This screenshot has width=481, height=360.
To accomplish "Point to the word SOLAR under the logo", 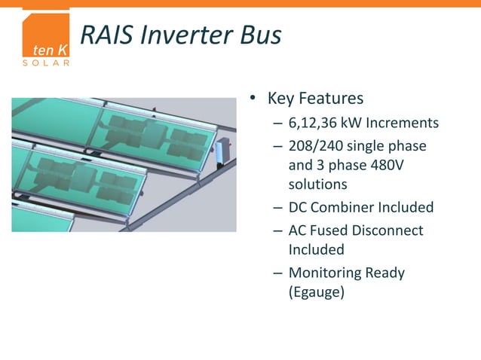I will coord(47,63).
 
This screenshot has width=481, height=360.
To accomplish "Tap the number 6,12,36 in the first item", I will coord(316,123).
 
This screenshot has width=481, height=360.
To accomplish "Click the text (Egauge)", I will coord(317,291).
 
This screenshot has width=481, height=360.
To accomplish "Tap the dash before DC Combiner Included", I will coord(277,207).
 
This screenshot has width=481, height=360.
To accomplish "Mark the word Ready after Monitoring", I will coord(384,273).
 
